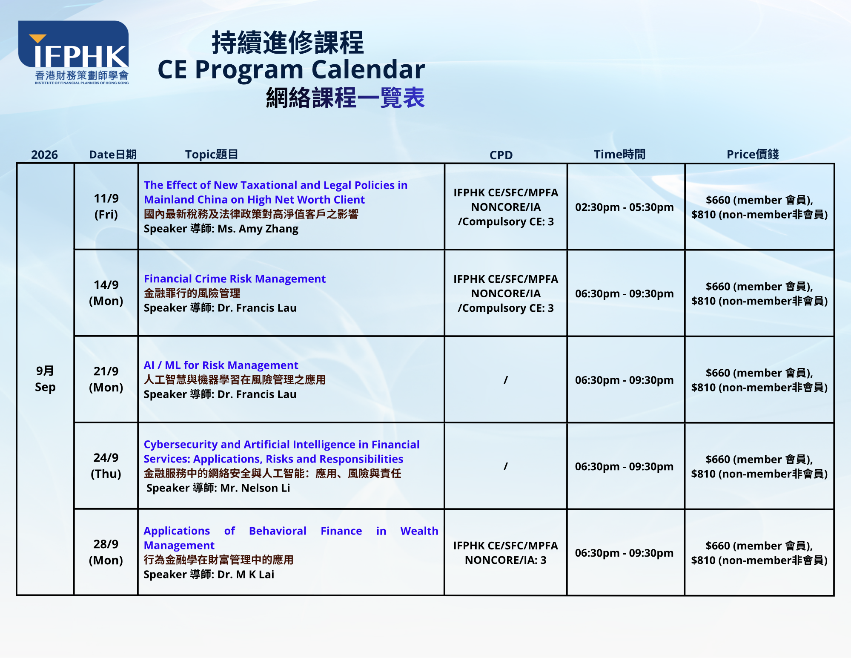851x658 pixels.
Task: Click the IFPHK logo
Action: point(73,52)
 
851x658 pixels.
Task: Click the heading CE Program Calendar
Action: point(291,69)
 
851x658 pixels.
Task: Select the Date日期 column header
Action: point(113,154)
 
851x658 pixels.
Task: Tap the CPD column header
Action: point(501,155)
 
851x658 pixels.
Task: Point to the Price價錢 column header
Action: point(753,154)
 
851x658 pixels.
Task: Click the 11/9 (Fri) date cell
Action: point(106,206)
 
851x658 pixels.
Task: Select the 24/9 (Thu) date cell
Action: point(106,465)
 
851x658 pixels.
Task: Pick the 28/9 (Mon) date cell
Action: point(106,552)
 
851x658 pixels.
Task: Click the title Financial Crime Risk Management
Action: point(235,279)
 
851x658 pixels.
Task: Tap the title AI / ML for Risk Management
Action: point(221,365)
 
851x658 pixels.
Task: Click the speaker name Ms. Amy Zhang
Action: point(258,229)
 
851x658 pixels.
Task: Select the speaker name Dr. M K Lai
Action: point(246,575)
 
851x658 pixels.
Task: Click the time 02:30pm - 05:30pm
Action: point(625,207)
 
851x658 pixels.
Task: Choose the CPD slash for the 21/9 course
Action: point(506,380)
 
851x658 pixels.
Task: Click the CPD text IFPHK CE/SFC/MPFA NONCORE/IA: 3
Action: point(506,553)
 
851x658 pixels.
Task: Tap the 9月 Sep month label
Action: point(45,379)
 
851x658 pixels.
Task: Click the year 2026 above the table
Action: point(44,155)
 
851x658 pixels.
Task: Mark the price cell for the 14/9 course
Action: point(759,293)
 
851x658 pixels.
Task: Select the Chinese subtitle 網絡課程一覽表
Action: point(345,98)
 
